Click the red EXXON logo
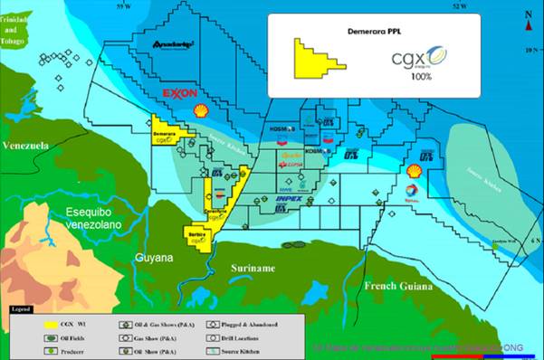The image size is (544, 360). [x=179, y=94]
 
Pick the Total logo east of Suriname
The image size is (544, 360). [x=413, y=190]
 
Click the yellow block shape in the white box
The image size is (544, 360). [x=315, y=58]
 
